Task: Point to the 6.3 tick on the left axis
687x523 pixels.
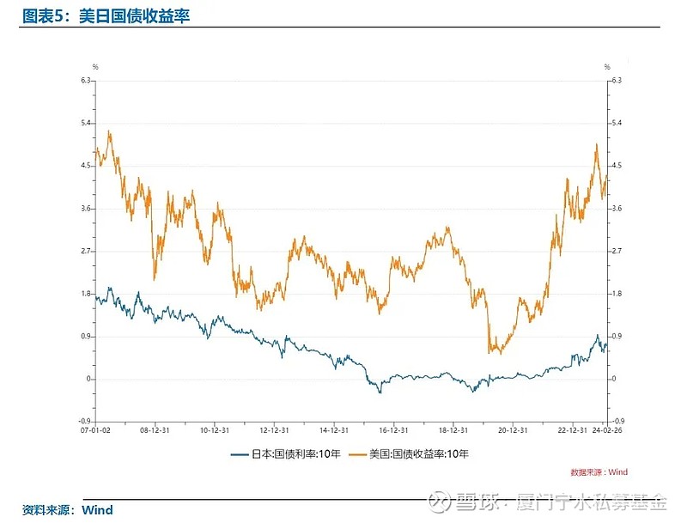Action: click(x=86, y=81)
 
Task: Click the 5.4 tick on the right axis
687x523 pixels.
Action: click(x=616, y=123)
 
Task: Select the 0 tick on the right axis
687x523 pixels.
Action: click(x=613, y=379)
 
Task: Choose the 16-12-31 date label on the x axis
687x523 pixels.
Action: click(x=392, y=432)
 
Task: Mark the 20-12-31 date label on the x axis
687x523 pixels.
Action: click(x=512, y=432)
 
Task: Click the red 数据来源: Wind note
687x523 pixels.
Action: click(x=599, y=471)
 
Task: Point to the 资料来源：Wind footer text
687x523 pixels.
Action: click(x=67, y=510)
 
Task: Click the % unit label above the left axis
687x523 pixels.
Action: click(x=95, y=66)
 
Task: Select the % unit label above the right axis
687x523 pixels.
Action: click(x=606, y=66)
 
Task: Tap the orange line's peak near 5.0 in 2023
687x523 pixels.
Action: click(x=596, y=144)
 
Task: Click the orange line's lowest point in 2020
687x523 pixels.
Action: click(x=490, y=351)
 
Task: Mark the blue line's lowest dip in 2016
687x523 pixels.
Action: click(x=380, y=392)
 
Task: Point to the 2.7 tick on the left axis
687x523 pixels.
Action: click(x=86, y=251)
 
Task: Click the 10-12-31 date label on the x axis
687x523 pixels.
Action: click(x=213, y=432)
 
